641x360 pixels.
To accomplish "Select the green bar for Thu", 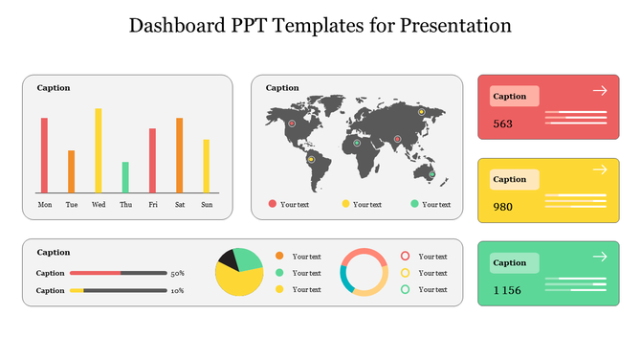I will coord(125,177).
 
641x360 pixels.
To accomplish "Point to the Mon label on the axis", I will coord(45,204).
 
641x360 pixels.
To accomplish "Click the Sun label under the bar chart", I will coord(207,204).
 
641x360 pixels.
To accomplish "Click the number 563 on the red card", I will coord(503,124).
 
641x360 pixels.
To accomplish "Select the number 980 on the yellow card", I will coord(503,207).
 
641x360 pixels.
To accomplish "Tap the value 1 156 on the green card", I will coord(507,290).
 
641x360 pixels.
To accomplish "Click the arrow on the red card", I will coord(600,90).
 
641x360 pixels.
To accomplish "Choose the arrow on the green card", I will coord(600,257).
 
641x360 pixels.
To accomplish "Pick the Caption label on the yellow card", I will coord(510,179).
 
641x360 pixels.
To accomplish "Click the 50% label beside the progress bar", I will coord(177,274).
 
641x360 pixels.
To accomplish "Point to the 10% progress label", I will coord(177,290).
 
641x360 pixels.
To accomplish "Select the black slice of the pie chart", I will coord(228,258).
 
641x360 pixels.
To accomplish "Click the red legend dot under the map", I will coord(273,204).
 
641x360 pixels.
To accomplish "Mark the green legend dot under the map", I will coord(414,204).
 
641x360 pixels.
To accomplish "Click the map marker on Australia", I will coord(431,174).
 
